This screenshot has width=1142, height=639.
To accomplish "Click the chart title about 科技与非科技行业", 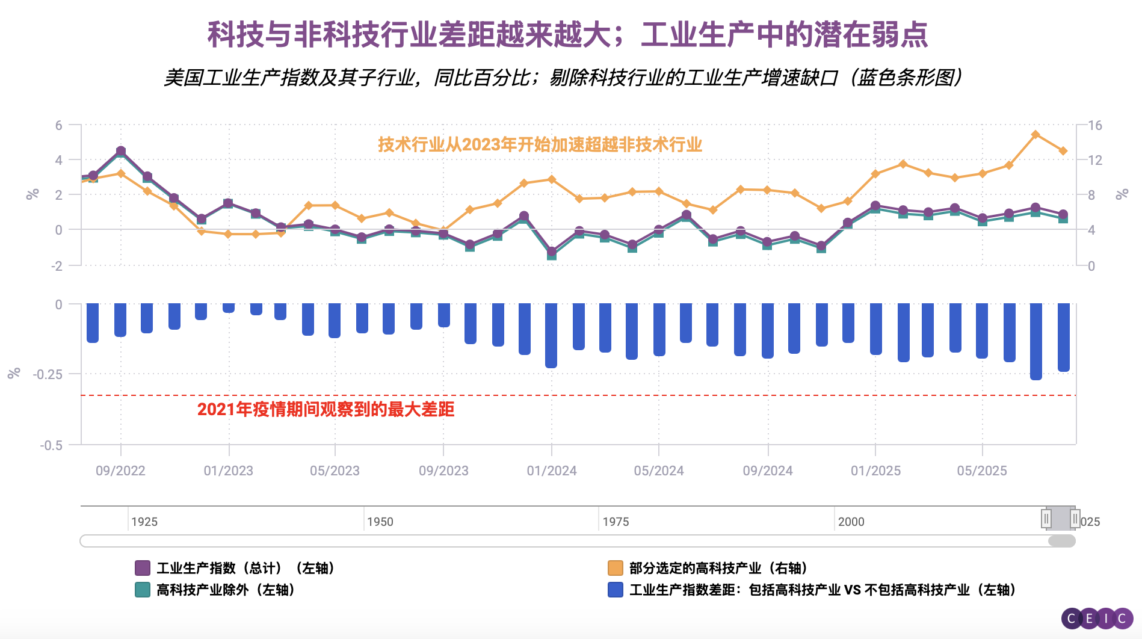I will coord(567,34).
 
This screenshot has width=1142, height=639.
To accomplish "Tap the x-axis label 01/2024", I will coord(552,471).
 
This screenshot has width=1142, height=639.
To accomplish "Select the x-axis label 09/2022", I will coord(120,471).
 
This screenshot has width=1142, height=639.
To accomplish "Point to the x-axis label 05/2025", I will coord(982,471).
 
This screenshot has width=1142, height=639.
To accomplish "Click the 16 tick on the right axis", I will coord(1094,125).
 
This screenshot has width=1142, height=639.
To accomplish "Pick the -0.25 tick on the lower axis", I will coord(48,374).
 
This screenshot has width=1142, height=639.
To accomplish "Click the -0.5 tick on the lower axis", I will coord(51,445).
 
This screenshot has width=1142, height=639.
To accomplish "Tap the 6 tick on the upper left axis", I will coord(58,125).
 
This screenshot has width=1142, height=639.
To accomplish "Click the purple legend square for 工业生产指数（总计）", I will coord(143,568).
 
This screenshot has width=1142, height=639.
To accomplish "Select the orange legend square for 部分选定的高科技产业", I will coord(615,568).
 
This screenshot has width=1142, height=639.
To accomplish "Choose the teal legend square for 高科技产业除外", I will coord(143,590).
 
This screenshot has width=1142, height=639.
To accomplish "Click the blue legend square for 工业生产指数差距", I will coord(615,590).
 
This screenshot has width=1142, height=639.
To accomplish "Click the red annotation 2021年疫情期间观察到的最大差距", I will coord(326,409).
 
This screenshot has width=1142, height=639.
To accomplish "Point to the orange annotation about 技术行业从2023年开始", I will coord(540,144).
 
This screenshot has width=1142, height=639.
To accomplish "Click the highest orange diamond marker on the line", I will coord(1036,135).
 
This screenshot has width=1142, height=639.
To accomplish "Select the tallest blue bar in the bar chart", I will coord(1036,341).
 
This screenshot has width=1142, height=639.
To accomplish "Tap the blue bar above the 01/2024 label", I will coord(551,335).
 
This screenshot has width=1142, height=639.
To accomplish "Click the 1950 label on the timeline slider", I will coord(380,522).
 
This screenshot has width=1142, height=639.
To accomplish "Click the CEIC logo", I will coord(1096,618).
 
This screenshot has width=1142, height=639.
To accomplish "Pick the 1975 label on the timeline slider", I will coord(616,522).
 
